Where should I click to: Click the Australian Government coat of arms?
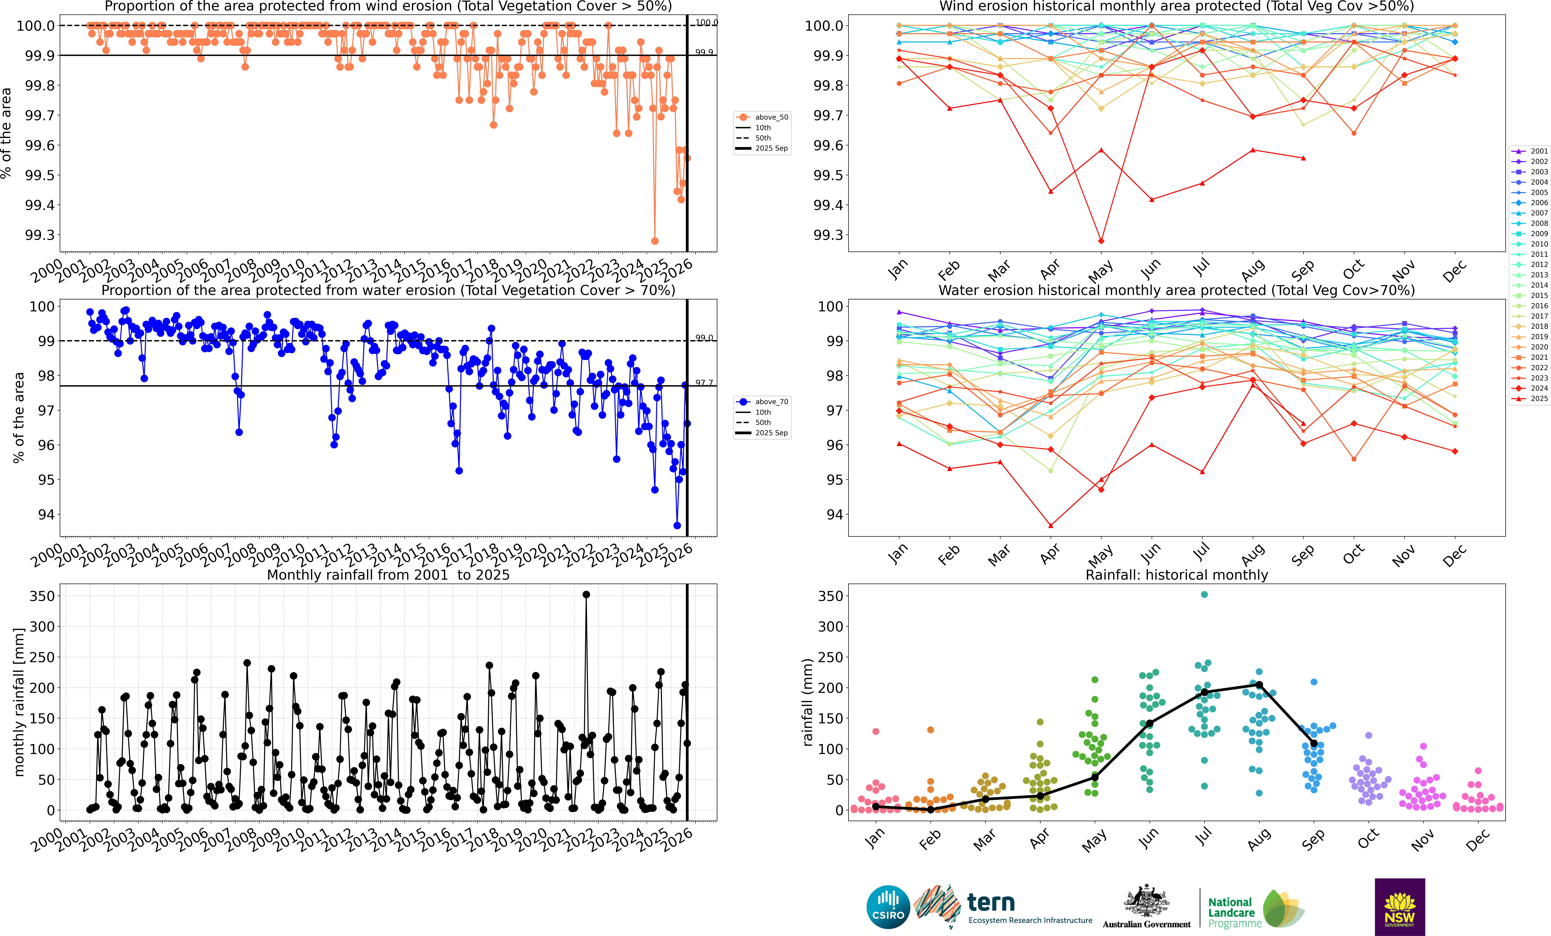(x=1146, y=901)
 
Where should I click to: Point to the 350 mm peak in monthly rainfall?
(x=586, y=594)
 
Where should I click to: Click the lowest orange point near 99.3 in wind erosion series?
(x=655, y=241)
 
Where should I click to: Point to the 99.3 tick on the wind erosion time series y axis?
(x=39, y=235)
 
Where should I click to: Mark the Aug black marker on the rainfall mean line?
(x=1259, y=685)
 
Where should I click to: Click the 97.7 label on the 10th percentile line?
(x=704, y=383)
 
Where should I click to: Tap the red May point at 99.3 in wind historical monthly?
(x=1101, y=241)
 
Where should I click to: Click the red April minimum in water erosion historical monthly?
(x=1051, y=526)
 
